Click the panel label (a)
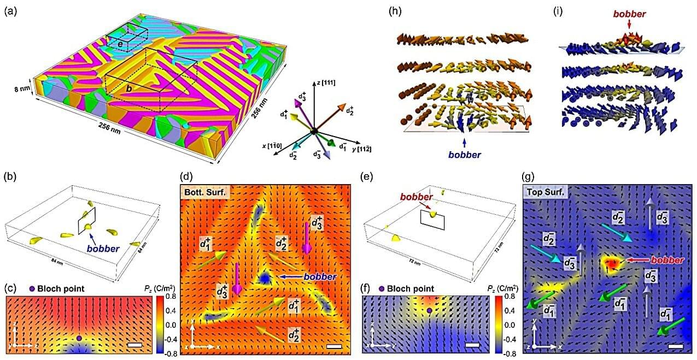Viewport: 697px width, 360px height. click(x=10, y=10)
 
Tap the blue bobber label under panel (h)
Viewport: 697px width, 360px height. click(x=464, y=155)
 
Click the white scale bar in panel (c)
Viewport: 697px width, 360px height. click(x=134, y=345)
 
